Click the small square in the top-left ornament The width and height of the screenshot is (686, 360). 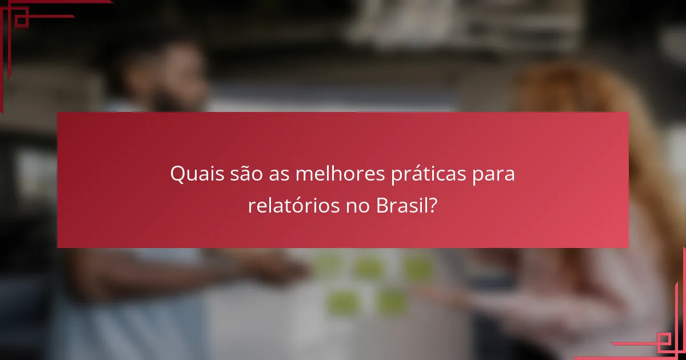pyautogui.click(x=22, y=21)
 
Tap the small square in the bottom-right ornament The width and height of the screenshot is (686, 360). pyautogui.click(x=664, y=341)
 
